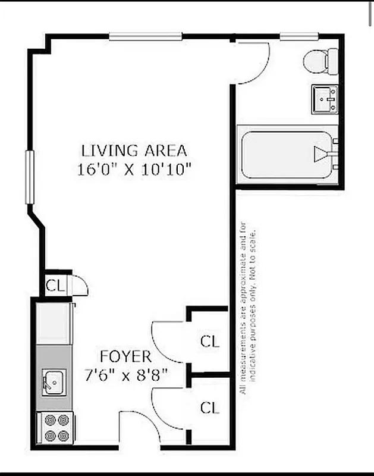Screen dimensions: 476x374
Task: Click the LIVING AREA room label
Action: [134, 150]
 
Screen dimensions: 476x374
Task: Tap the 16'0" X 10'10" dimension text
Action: [134, 170]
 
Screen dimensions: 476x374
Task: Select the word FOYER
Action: [125, 357]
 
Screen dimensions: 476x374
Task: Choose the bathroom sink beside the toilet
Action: [325, 98]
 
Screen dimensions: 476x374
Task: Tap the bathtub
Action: [285, 156]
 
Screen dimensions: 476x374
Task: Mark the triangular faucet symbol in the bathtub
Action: [321, 155]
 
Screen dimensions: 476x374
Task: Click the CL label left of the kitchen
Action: [55, 285]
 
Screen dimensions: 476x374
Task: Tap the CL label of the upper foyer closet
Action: [209, 342]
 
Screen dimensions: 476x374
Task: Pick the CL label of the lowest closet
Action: [209, 408]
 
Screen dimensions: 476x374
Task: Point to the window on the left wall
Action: [27, 177]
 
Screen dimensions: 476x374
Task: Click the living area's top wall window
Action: [146, 36]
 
